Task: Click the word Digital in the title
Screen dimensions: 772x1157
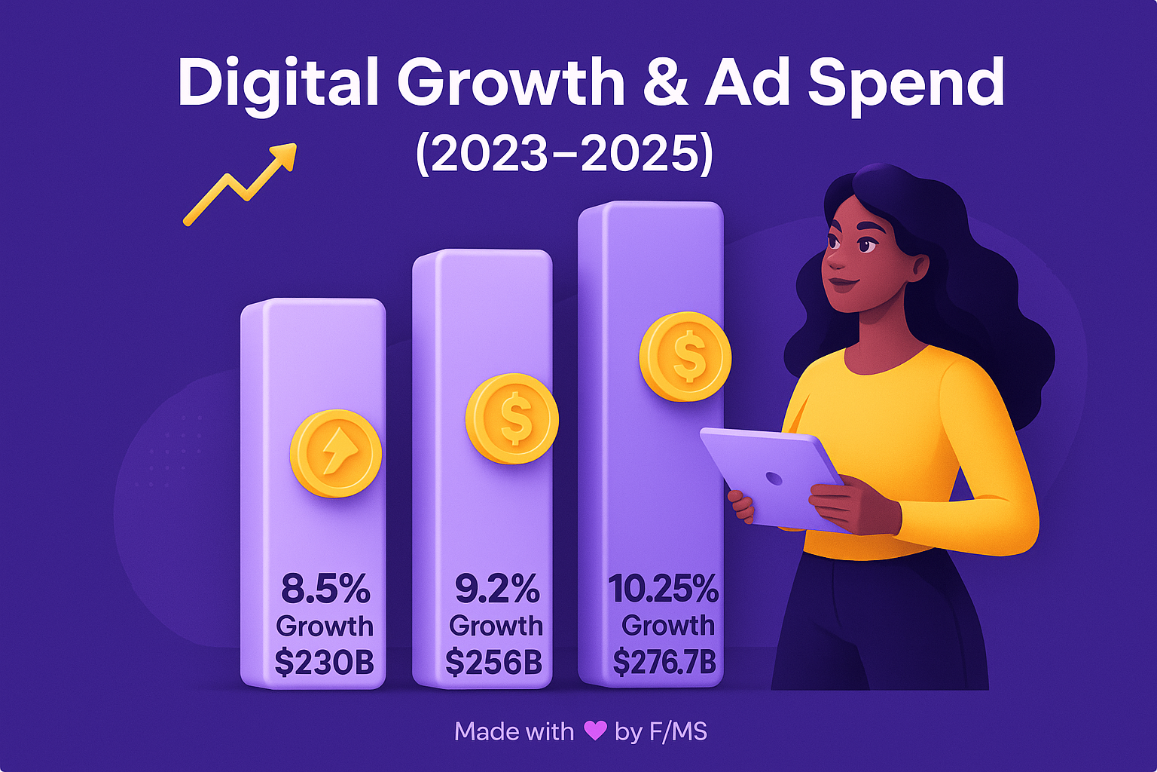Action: (277, 83)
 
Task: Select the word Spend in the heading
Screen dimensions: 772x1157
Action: (905, 84)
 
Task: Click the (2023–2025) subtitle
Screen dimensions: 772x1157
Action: (564, 155)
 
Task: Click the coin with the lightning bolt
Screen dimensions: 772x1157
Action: (336, 454)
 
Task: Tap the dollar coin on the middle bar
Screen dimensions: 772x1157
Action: (512, 418)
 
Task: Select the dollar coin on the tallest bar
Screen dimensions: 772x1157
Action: (685, 356)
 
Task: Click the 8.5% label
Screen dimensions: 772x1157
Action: (325, 589)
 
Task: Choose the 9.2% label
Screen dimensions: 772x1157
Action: (496, 589)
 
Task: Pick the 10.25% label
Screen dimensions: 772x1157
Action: (663, 589)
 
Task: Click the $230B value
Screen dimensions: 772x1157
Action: (325, 662)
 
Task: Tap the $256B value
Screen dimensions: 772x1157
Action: (494, 662)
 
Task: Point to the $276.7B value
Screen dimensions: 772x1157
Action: (664, 662)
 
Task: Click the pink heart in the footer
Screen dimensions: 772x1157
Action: (595, 731)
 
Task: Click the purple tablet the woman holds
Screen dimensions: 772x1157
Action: (772, 476)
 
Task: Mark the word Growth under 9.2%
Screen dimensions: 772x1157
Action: (496, 626)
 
